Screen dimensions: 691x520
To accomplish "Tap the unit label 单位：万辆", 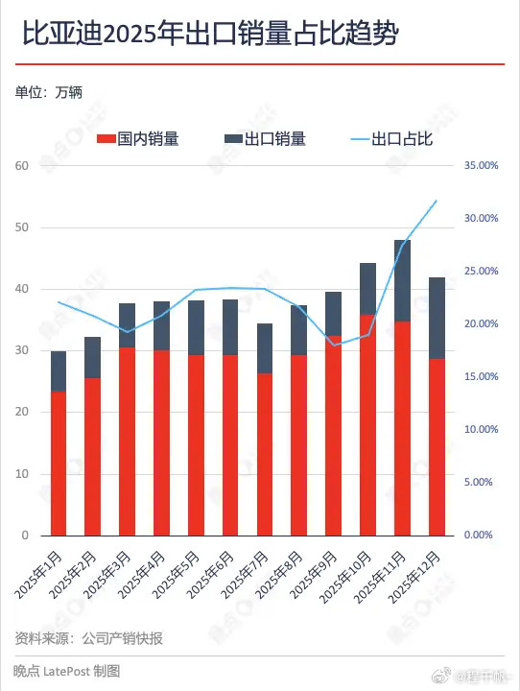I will [x=49, y=93].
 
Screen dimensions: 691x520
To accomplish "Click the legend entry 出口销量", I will [x=265, y=139].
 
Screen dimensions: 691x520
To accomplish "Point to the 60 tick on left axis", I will [x=23, y=166].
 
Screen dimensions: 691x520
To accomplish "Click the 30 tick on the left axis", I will [x=23, y=351].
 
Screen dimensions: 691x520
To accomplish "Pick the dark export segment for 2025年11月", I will [x=402, y=280].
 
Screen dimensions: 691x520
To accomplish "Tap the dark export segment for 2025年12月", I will [x=437, y=318].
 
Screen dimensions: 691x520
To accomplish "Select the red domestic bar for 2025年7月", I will [x=265, y=454].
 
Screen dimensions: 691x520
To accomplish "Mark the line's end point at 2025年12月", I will [x=437, y=201].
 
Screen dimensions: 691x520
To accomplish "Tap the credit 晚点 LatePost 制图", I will [x=67, y=672].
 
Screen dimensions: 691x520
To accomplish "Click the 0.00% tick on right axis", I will [x=483, y=536].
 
